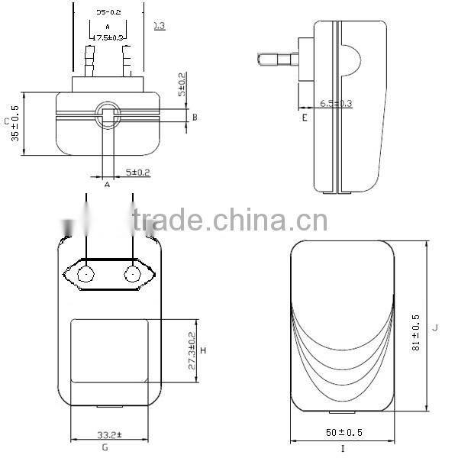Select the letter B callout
click(x=195, y=117)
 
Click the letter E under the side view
click(x=304, y=118)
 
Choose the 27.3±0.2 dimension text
click(x=191, y=350)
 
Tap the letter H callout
click(x=204, y=350)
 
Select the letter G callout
click(x=105, y=448)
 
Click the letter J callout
click(x=434, y=327)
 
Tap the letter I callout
click(x=342, y=448)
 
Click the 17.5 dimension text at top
click(x=108, y=37)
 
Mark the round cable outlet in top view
click(x=107, y=115)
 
